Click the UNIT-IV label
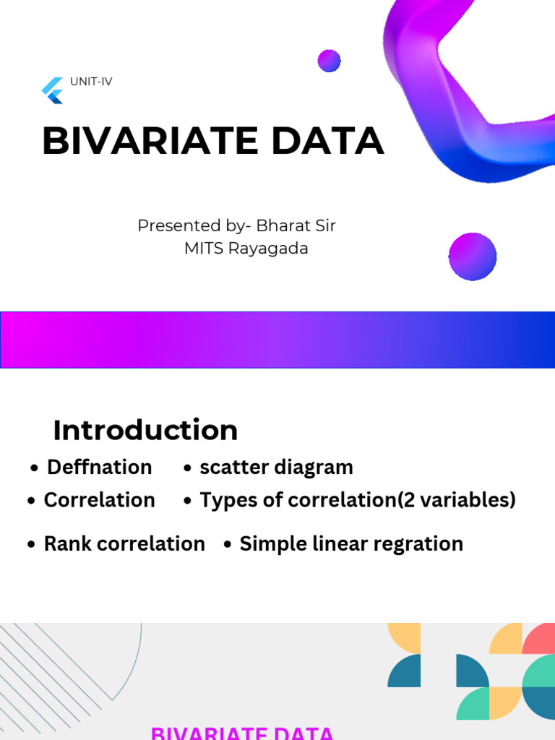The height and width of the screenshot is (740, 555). click(x=91, y=82)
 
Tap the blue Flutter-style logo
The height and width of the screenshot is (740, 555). click(x=53, y=91)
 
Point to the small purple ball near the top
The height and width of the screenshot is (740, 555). click(x=329, y=61)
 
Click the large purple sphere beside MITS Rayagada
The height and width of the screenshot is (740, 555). click(x=473, y=257)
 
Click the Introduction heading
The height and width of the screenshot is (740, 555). click(x=145, y=430)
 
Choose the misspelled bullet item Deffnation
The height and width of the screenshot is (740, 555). click(x=99, y=468)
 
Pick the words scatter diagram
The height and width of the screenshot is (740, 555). click(x=276, y=468)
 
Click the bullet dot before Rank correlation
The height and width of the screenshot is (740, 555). click(x=31, y=545)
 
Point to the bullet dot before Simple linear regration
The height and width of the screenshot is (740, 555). click(x=228, y=545)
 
